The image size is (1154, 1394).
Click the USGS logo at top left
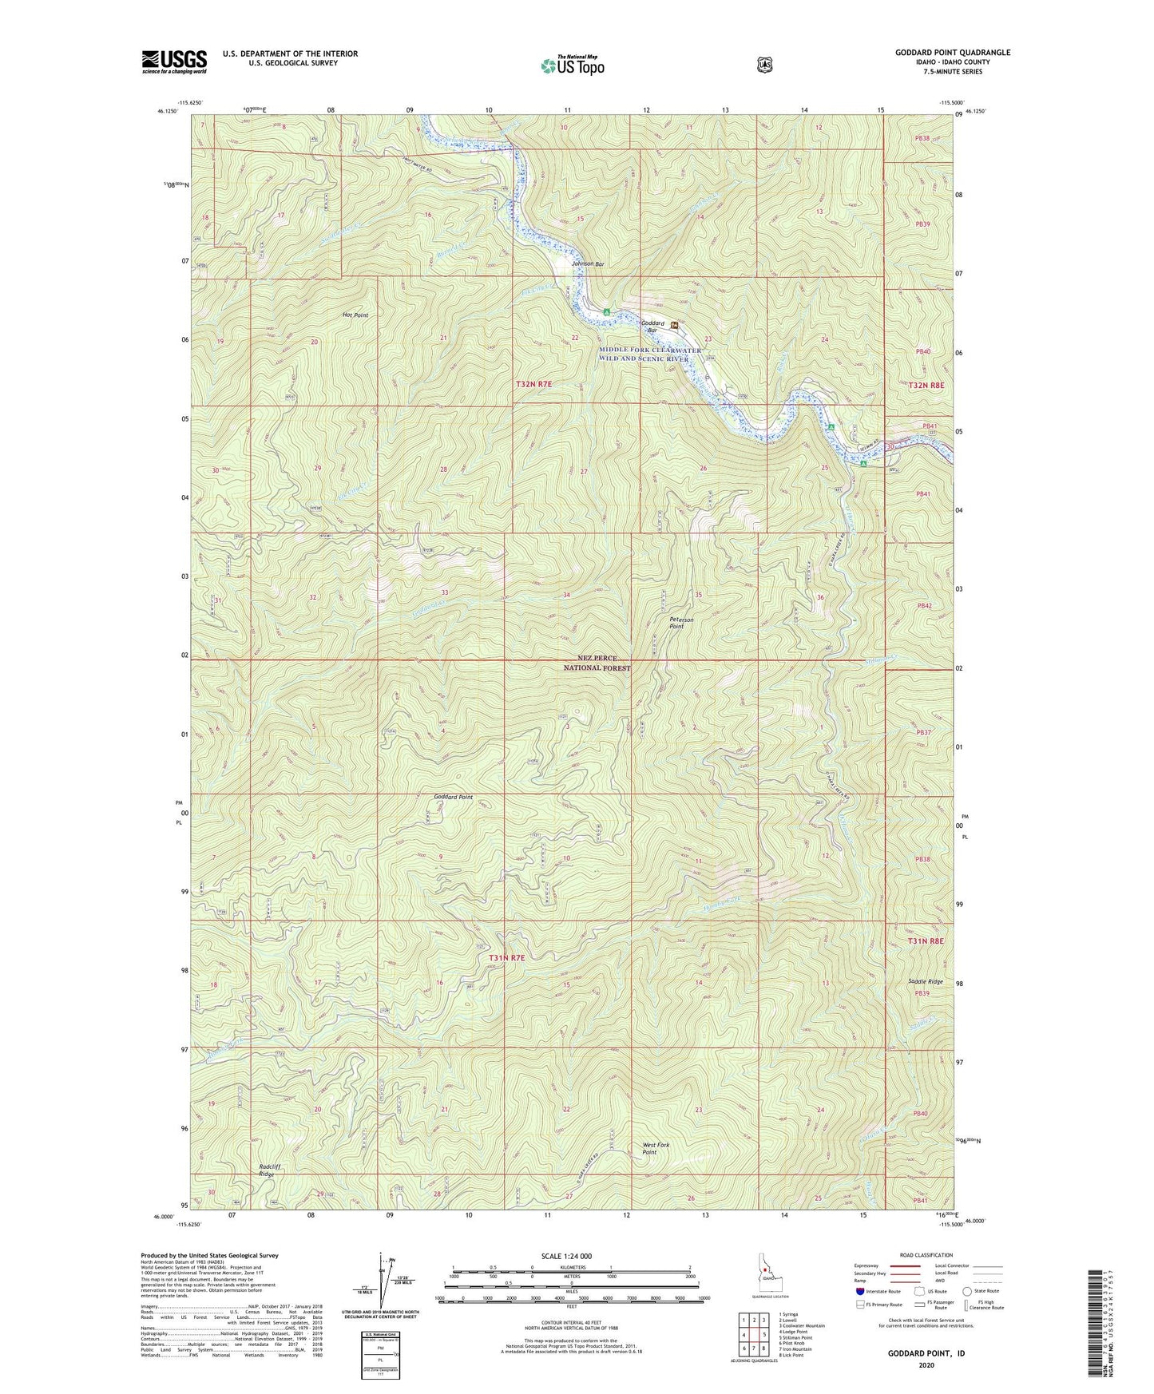tap(174, 61)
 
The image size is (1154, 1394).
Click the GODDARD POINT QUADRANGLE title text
tap(952, 53)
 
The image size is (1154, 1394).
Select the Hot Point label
tap(355, 315)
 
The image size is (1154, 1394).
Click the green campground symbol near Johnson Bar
tap(607, 311)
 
